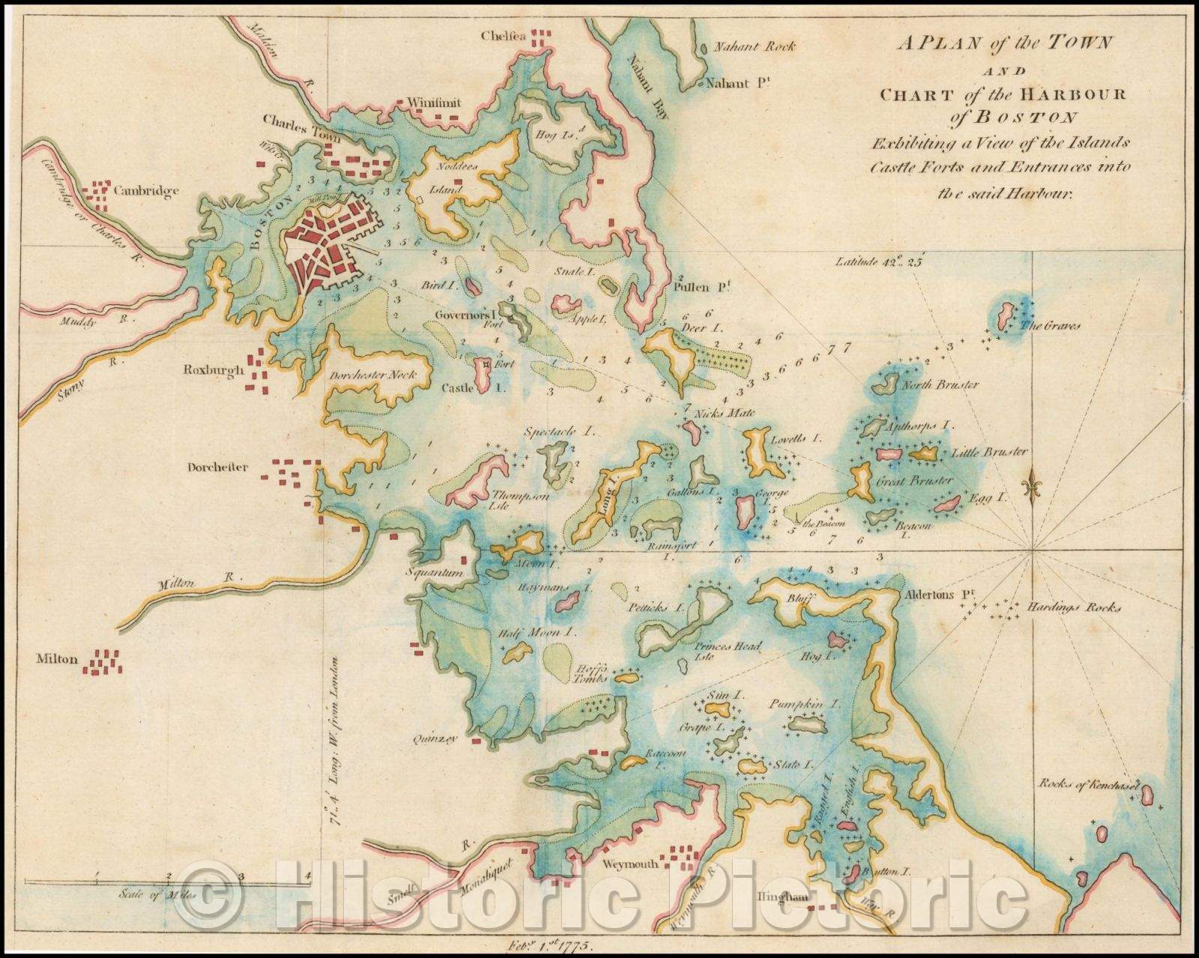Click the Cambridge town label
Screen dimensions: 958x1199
point(146,191)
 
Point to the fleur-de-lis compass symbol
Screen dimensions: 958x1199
point(1034,487)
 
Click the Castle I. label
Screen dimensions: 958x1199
point(457,388)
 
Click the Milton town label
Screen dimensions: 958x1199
point(56,660)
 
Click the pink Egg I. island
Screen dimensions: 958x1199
point(948,504)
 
